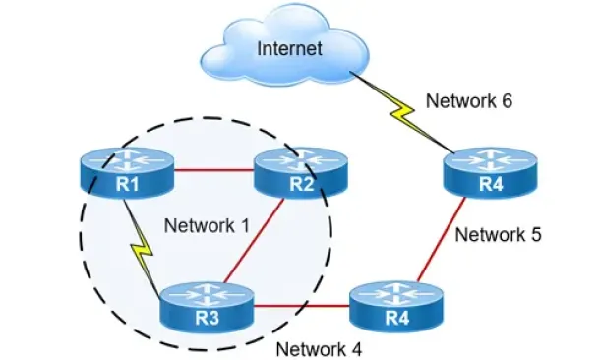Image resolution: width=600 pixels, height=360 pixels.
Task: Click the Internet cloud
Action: point(284,46)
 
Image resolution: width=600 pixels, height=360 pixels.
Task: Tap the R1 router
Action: point(127,173)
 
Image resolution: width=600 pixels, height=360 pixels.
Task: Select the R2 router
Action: point(301,173)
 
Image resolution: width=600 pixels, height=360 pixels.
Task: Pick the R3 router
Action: point(207,307)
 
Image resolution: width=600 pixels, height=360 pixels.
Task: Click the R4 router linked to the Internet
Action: point(491,173)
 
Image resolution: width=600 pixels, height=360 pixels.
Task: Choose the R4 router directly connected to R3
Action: point(396,307)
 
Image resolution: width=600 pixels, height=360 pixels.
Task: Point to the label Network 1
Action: point(207,225)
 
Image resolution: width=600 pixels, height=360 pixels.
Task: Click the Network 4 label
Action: point(319,349)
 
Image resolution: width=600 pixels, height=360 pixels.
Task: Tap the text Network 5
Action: point(499,234)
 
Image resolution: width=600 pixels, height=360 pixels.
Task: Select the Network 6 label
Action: point(469,101)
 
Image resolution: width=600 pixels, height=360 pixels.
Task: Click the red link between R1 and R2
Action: point(214,170)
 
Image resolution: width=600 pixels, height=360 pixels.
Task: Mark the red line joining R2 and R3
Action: point(254,241)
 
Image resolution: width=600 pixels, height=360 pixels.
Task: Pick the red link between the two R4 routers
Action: point(441,240)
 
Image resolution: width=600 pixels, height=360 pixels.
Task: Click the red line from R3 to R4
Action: point(302,306)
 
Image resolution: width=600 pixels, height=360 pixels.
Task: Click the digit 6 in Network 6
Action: point(507,101)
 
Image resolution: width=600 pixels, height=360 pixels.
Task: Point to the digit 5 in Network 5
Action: point(536,234)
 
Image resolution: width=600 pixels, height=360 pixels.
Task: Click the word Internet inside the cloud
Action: point(289,48)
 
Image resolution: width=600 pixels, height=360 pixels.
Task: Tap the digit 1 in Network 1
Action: point(244,225)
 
